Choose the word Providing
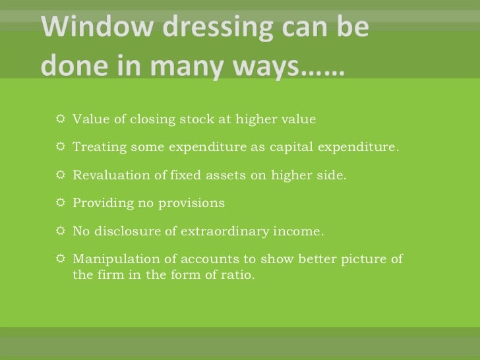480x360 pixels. [102, 204]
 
